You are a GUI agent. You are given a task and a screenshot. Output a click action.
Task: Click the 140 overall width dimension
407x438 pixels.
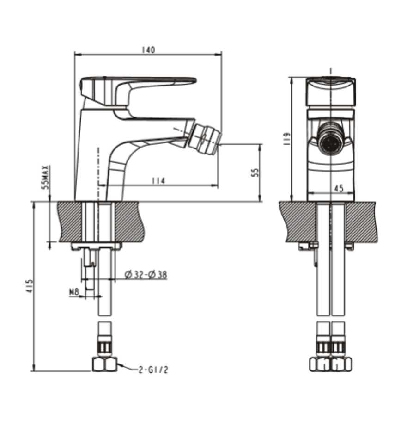pos(148,50)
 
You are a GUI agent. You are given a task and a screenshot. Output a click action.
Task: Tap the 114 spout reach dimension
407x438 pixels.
pos(158,181)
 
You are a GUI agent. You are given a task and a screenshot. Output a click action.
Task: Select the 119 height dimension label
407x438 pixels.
pos(286,139)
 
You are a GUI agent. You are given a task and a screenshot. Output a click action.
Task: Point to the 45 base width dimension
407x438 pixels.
pos(339,189)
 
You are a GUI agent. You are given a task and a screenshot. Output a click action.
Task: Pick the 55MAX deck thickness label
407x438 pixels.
pos(45,178)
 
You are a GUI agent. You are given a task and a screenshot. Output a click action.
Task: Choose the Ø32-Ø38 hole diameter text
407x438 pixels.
pos(146,275)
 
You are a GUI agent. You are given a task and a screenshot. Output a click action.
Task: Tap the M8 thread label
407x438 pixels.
pos(73,292)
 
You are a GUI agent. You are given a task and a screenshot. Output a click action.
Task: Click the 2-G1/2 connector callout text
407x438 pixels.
pos(153,370)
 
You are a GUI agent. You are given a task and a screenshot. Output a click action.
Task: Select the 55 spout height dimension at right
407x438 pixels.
pos(255,173)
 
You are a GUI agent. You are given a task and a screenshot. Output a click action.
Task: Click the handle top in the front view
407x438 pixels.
pos(331,91)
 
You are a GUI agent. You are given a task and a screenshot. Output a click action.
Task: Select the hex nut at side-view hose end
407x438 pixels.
pos(104,364)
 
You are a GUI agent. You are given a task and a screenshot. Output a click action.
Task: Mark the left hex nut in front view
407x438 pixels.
pos(320,364)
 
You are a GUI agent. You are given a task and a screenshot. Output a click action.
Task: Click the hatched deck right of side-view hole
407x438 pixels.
pos(130,221)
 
